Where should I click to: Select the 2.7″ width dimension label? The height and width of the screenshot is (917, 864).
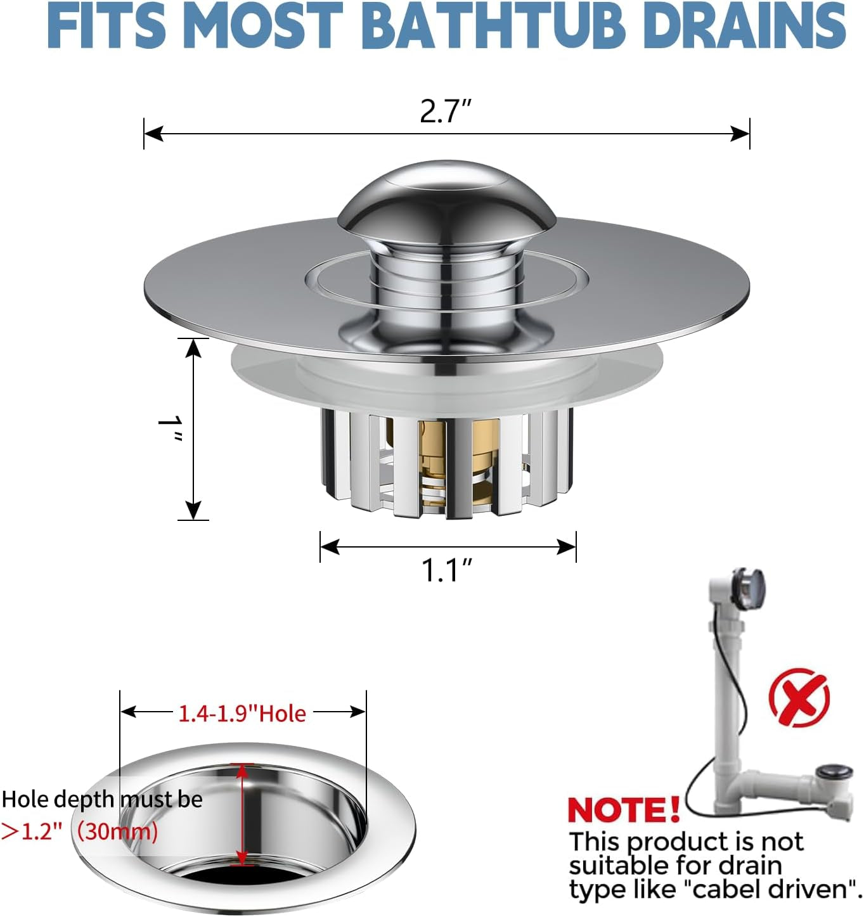point(446,112)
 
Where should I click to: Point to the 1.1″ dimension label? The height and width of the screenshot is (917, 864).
point(447,570)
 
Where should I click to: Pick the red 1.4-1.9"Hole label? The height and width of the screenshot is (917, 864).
point(242,714)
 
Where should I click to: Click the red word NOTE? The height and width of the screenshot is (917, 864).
point(624,809)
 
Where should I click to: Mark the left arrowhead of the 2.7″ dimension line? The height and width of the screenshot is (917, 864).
point(153,134)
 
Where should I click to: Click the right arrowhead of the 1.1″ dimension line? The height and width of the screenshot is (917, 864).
point(567,547)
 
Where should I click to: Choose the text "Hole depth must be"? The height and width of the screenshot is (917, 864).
point(102,799)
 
